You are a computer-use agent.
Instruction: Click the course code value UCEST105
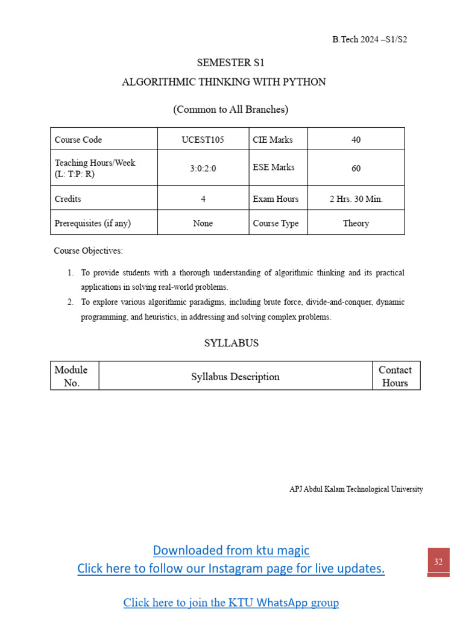click(x=203, y=139)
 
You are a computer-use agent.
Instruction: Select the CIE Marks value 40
click(x=356, y=139)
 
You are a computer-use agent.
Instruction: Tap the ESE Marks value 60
click(x=356, y=168)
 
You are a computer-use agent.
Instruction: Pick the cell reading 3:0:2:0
click(x=203, y=168)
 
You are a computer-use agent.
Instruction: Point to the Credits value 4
click(x=203, y=199)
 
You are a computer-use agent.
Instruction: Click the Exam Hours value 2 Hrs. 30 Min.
click(x=356, y=199)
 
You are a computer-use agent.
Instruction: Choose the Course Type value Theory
click(x=356, y=223)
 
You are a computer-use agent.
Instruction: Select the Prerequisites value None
click(x=203, y=223)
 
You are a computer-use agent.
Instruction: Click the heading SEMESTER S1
click(x=231, y=62)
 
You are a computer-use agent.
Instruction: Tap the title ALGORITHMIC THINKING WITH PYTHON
click(x=224, y=82)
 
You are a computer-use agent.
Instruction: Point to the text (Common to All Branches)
click(x=231, y=109)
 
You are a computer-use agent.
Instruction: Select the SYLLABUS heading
click(x=231, y=343)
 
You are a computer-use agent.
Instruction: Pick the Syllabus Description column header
click(x=235, y=377)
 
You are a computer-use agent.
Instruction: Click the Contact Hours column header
click(x=395, y=376)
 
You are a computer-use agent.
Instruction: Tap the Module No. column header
click(x=71, y=376)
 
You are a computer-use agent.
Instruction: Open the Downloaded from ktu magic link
click(x=231, y=550)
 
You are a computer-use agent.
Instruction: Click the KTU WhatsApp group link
click(x=231, y=602)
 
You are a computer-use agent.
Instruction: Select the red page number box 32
click(x=438, y=562)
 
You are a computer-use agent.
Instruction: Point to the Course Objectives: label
click(x=88, y=251)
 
